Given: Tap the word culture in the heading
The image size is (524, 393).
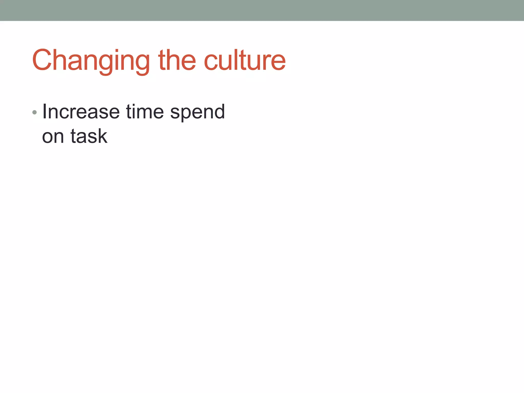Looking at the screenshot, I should click(x=245, y=60).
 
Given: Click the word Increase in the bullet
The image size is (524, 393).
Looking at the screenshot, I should click(x=81, y=112).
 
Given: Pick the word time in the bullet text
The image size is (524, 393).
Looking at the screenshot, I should click(x=145, y=112).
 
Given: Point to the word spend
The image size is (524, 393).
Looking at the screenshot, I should click(x=197, y=113).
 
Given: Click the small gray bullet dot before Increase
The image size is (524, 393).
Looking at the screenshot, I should click(x=35, y=112).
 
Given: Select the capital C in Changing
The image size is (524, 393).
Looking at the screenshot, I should click(x=42, y=60).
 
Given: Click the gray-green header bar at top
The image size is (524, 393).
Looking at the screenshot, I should click(x=262, y=10).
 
